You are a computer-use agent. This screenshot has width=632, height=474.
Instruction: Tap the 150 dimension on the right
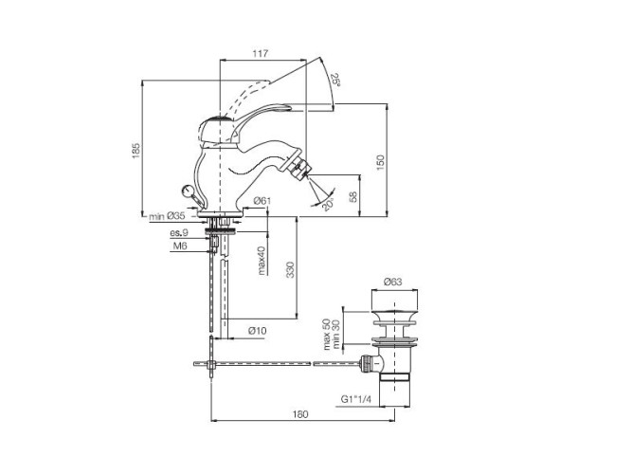pyautogui.click(x=381, y=162)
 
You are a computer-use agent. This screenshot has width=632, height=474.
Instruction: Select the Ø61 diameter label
pyautogui.click(x=263, y=200)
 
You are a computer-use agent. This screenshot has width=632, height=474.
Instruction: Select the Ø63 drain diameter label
pyautogui.click(x=394, y=282)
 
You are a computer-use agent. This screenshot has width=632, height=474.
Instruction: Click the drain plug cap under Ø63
pyautogui.click(x=393, y=311)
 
